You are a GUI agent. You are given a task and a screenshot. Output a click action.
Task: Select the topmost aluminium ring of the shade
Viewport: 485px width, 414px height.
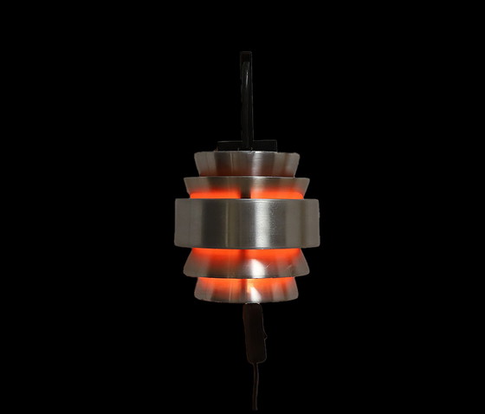pos(246,162)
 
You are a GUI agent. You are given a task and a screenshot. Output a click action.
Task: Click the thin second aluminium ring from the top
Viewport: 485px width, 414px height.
pos(246,184)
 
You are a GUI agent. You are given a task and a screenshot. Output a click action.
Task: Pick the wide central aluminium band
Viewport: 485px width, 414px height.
pos(246,223)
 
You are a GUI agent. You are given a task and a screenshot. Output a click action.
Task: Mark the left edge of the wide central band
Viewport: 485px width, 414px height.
pos(178,223)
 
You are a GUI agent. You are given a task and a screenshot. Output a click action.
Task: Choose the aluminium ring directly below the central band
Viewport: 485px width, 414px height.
pos(246,265)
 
